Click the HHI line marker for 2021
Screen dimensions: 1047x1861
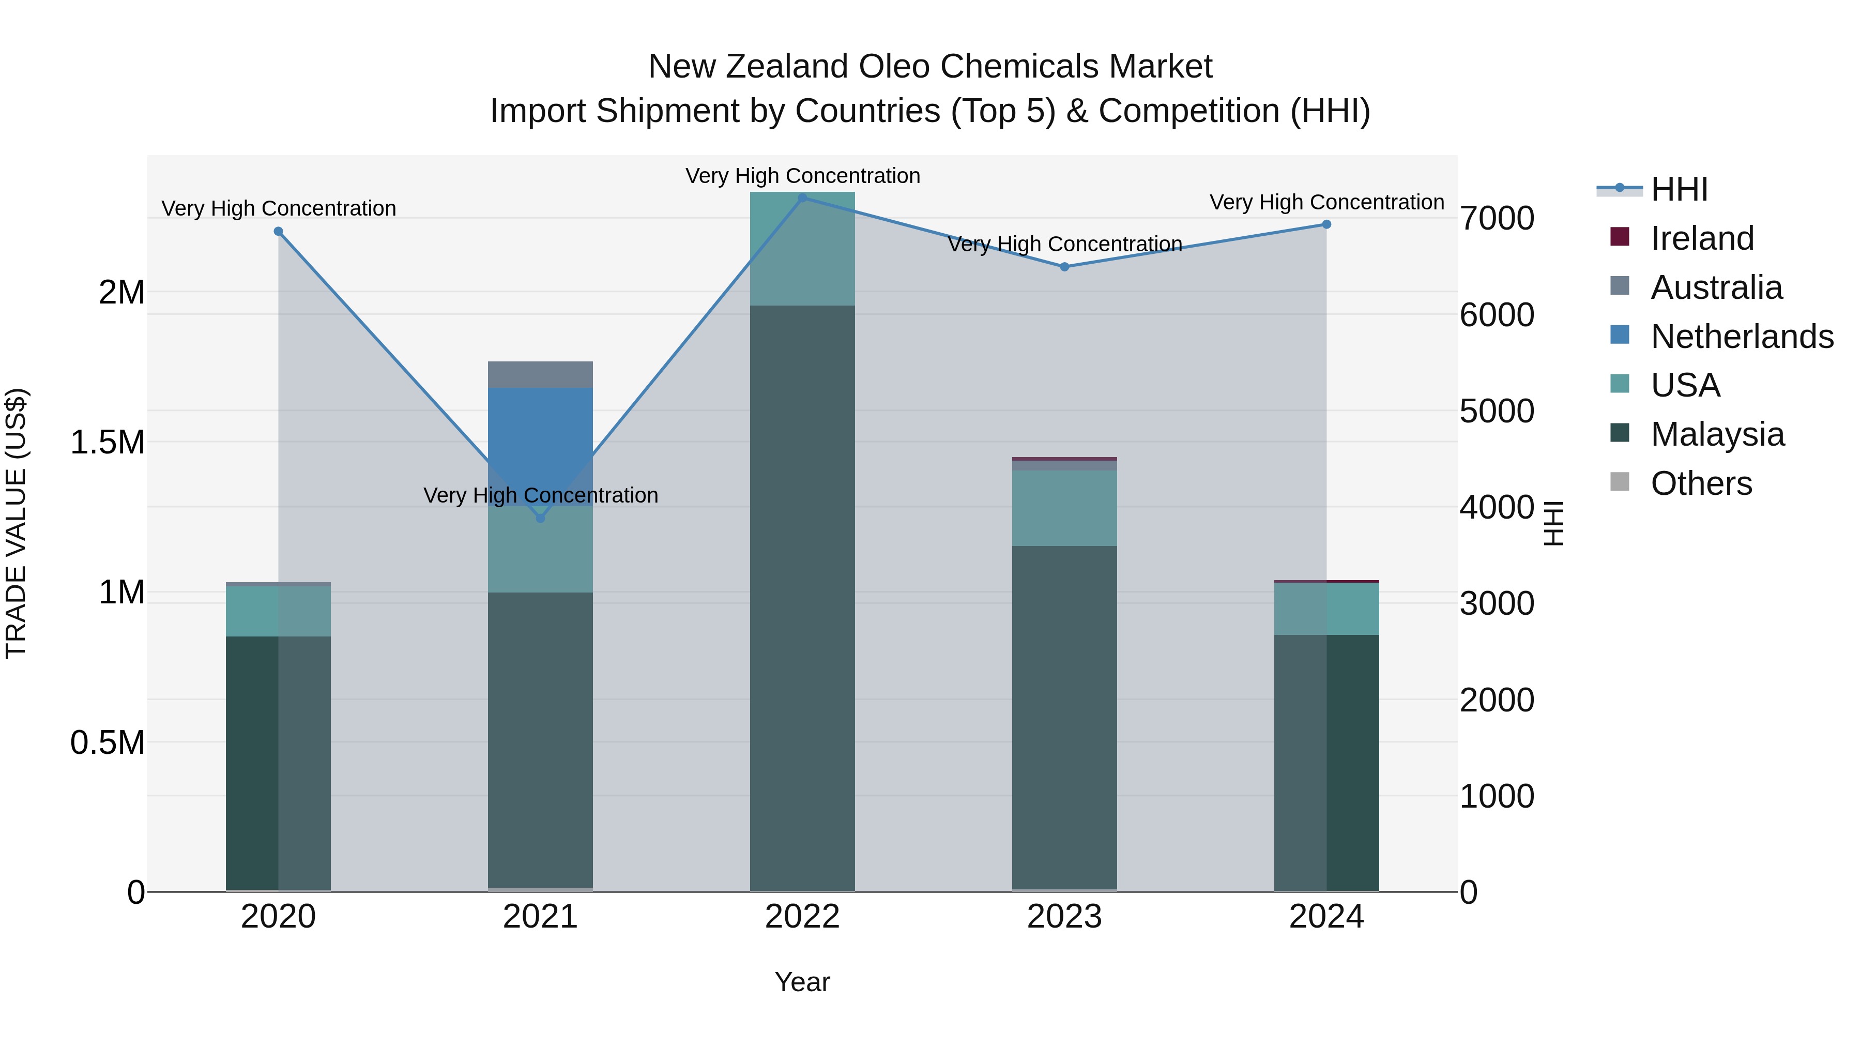coord(540,518)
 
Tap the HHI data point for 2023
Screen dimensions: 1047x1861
coord(1064,267)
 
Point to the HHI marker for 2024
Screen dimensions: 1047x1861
coord(1326,225)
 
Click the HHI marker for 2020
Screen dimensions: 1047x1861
coord(278,231)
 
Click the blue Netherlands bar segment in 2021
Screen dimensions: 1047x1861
coord(540,434)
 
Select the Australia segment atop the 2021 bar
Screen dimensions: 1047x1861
coord(540,374)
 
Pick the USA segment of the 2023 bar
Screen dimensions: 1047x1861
coord(1064,508)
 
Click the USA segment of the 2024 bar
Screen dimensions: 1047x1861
coord(1326,609)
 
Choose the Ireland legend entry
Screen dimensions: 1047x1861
coord(1701,238)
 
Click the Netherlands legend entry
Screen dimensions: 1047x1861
coord(1741,337)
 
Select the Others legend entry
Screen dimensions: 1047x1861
coord(1701,483)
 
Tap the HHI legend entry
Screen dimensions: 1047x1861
coord(1679,189)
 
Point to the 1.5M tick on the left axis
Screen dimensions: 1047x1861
coord(107,442)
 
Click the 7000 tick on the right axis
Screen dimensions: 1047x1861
coord(1497,218)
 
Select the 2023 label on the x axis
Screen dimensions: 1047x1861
coord(1064,917)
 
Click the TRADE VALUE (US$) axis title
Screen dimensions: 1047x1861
coord(16,523)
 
